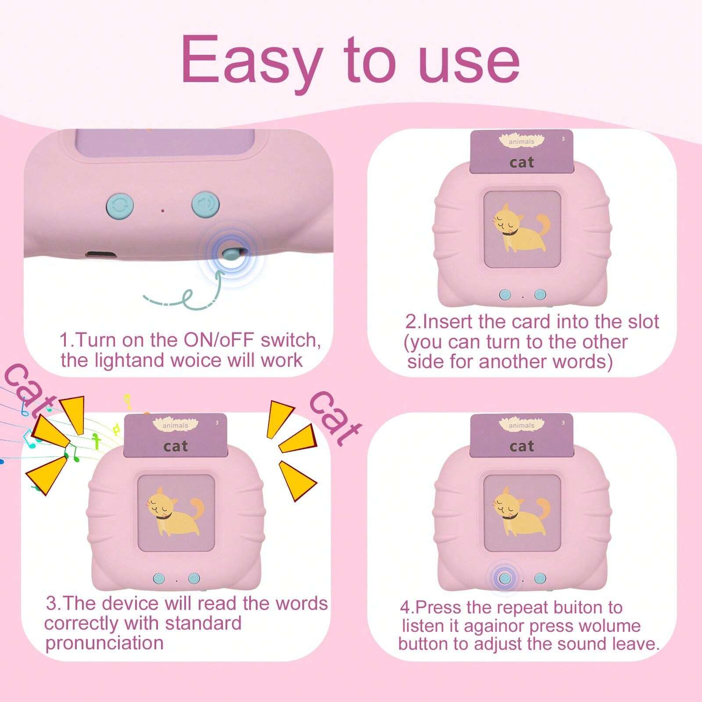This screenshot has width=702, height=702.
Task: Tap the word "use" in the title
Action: pyautogui.click(x=469, y=63)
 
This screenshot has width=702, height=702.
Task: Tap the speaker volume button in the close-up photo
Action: pyautogui.click(x=205, y=204)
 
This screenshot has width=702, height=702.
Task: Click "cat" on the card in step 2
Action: pyautogui.click(x=522, y=162)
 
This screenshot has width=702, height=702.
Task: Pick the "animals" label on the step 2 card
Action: pyautogui.click(x=522, y=142)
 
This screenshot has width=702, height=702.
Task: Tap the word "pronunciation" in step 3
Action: pyautogui.click(x=104, y=643)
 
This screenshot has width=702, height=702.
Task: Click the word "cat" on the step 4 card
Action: pyautogui.click(x=522, y=446)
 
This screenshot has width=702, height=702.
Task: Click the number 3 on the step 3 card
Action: pyautogui.click(x=217, y=423)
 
